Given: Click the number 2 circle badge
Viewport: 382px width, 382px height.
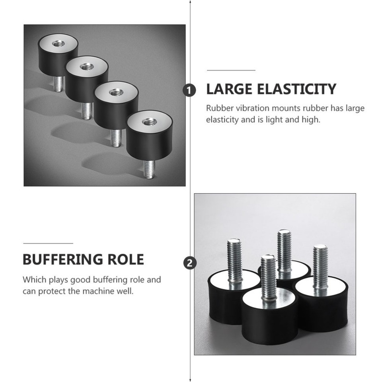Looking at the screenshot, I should [x=189, y=263].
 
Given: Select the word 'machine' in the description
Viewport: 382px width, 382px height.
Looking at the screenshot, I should [x=97, y=291].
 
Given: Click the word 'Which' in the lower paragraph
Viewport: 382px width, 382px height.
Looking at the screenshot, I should [x=33, y=279].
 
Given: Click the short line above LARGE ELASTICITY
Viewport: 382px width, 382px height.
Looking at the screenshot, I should [x=231, y=70].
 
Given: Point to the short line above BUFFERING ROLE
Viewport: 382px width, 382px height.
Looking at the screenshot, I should [x=48, y=243].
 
